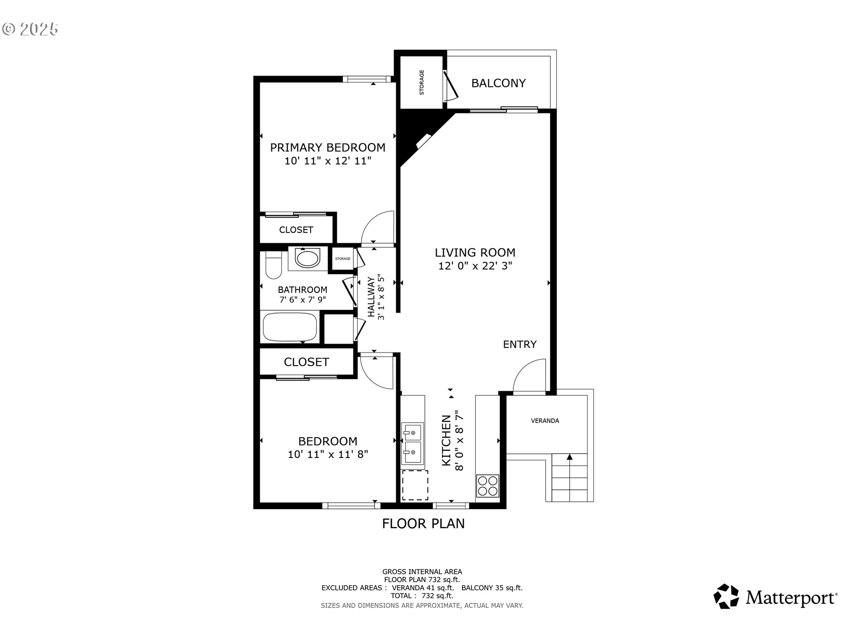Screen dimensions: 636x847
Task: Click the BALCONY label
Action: (498, 83)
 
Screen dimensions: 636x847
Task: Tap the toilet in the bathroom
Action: (274, 265)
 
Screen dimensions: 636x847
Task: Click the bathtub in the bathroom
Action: (290, 327)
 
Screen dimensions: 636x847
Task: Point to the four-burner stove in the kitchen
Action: (487, 486)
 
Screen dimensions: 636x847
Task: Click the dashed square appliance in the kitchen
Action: (415, 485)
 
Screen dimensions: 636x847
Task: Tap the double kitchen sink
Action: (412, 443)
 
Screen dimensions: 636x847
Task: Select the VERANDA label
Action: (545, 421)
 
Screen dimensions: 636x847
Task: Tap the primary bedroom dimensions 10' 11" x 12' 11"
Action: (328, 161)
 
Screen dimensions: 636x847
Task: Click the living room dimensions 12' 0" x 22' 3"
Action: (475, 266)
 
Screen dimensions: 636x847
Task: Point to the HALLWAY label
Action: (371, 297)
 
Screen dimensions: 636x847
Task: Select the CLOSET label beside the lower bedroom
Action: (306, 362)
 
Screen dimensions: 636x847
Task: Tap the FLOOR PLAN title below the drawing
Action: (423, 523)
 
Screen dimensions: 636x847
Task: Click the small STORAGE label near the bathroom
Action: (342, 259)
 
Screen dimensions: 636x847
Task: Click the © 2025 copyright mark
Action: (30, 29)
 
